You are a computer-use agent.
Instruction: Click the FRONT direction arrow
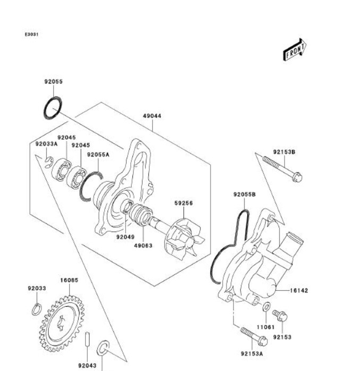click(x=295, y=50)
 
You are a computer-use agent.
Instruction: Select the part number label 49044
click(x=152, y=116)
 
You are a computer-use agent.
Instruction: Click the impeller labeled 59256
click(x=185, y=239)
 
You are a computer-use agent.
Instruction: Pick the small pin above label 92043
click(x=87, y=340)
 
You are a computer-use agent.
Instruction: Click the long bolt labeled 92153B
click(x=282, y=169)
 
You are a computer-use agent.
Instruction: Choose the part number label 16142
click(x=299, y=290)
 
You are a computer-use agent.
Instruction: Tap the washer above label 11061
click(x=266, y=307)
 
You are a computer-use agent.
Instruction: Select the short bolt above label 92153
click(x=280, y=315)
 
